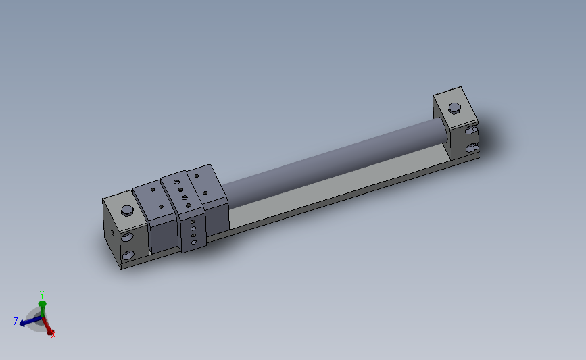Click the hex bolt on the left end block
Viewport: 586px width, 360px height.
point(126,211)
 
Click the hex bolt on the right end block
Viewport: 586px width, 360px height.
point(455,107)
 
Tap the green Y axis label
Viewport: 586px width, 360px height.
point(42,295)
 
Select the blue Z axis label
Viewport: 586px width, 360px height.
point(15,322)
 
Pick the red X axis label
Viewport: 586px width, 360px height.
point(53,334)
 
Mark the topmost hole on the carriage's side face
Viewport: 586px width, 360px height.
point(193,221)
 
